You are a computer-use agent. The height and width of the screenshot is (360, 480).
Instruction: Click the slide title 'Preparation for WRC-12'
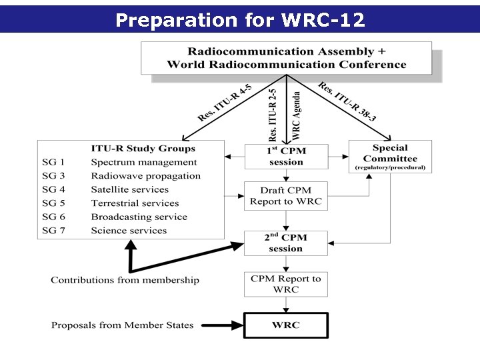click(x=240, y=20)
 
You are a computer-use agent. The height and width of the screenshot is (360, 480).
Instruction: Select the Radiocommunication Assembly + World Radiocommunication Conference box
click(x=286, y=58)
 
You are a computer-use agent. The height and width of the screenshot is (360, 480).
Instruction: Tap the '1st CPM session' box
click(x=286, y=157)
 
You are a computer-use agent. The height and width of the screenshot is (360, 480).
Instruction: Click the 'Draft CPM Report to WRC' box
click(x=286, y=196)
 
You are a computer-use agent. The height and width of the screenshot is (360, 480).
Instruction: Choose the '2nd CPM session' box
click(x=286, y=243)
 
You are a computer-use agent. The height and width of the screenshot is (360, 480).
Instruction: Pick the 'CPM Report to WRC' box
click(x=286, y=284)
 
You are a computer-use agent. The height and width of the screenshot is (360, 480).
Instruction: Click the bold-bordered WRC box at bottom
click(x=286, y=325)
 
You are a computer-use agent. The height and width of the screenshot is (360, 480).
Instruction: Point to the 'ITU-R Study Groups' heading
click(x=143, y=148)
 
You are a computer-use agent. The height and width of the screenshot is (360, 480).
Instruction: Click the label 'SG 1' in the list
click(x=53, y=162)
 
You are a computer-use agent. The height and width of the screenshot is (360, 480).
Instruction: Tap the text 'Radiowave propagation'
click(x=146, y=176)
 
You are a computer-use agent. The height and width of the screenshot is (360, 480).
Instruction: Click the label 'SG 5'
click(x=53, y=203)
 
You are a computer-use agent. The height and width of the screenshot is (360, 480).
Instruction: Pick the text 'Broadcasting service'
click(x=139, y=217)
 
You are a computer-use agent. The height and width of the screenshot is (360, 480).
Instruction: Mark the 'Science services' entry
click(x=129, y=231)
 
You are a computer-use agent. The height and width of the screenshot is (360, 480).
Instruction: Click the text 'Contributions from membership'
click(x=125, y=280)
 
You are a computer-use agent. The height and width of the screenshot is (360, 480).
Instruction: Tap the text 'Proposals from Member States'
click(x=122, y=325)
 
